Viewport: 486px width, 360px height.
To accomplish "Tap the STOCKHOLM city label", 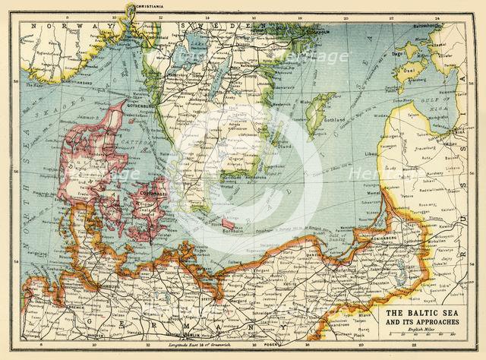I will pyautogui.click(x=314, y=33).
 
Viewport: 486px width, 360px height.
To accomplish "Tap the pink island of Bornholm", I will pyautogui.click(x=228, y=223).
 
